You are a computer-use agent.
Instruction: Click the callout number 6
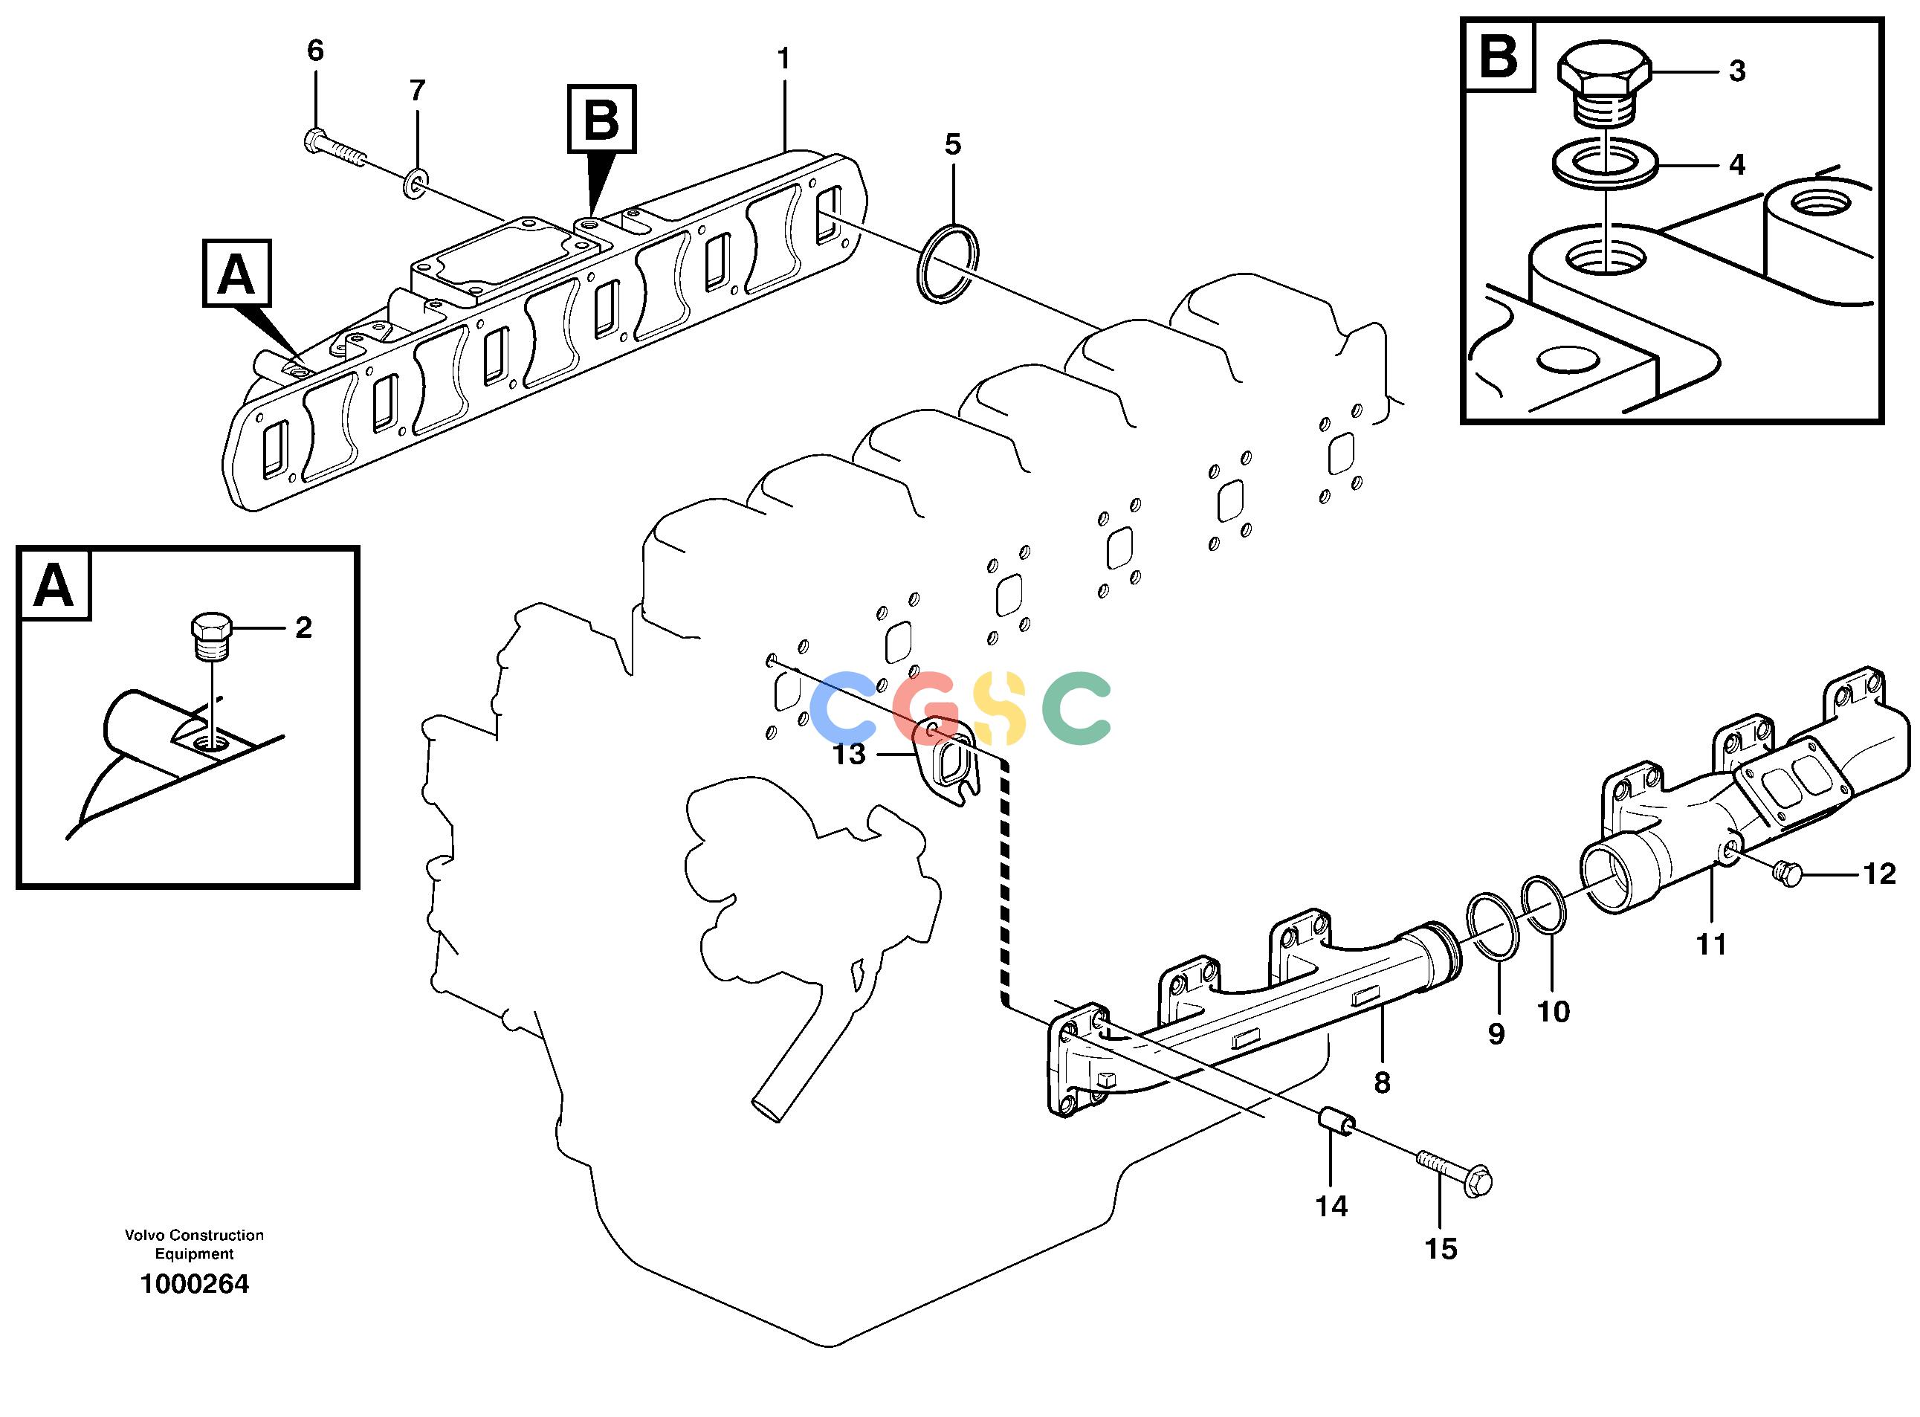point(316,51)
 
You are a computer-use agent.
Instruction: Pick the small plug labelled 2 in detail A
point(210,636)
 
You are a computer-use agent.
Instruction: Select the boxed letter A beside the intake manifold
point(236,273)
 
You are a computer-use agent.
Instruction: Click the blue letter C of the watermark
point(844,708)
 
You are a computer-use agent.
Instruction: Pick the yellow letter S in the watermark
point(1001,708)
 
